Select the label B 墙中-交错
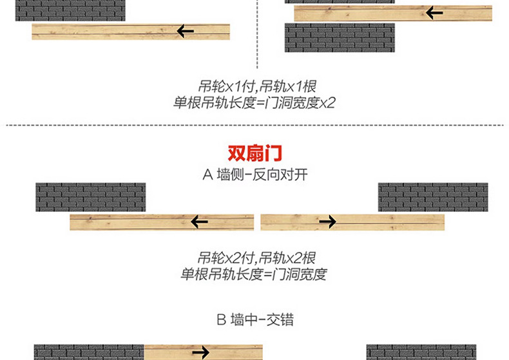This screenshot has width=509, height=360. [x=254, y=319]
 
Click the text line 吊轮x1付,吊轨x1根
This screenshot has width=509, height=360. [x=256, y=86]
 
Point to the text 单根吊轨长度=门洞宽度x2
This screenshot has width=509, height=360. [x=254, y=102]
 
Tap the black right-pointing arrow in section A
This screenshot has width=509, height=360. [x=327, y=223]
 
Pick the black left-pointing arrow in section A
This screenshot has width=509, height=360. [x=199, y=223]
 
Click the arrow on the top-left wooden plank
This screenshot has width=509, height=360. [x=186, y=31]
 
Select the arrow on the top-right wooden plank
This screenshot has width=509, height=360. [x=434, y=12]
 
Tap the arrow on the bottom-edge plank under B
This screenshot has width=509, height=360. [x=200, y=352]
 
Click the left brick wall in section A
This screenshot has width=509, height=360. [x=90, y=197]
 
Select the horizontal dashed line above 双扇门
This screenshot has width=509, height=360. [x=254, y=126]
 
